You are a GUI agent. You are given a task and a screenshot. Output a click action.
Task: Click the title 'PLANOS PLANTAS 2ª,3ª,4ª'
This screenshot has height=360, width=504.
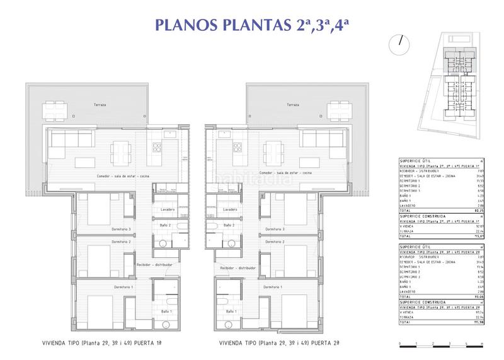click(251, 25)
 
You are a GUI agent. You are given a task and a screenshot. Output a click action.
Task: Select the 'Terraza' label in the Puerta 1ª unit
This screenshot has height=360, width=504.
click(100, 103)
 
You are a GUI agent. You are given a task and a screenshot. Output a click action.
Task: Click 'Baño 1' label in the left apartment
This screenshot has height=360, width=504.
click(166, 312)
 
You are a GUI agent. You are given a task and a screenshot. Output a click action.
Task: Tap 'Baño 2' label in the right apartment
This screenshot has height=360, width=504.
click(227, 225)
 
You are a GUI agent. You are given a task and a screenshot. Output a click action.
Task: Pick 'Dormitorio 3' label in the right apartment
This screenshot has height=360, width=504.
click(275, 229)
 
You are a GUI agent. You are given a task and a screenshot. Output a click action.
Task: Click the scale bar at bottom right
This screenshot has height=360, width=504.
click(440, 344)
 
